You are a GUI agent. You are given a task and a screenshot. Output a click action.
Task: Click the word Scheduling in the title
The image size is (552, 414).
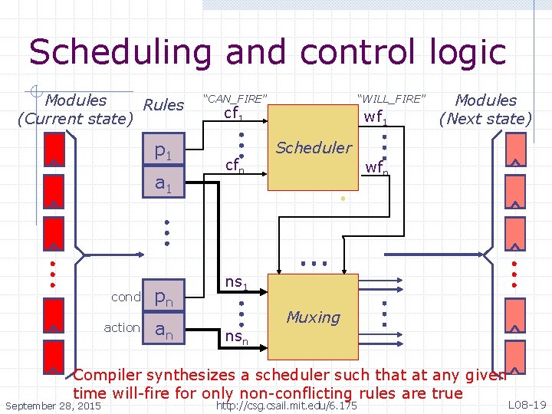(x=119, y=52)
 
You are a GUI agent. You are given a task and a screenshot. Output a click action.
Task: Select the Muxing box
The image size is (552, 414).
(x=314, y=317)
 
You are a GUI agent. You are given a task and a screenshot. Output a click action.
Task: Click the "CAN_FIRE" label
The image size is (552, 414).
(x=234, y=98)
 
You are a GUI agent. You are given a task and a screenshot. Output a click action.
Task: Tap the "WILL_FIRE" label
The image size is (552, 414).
(x=390, y=98)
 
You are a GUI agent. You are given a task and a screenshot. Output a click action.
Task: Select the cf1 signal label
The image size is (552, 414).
(x=233, y=114)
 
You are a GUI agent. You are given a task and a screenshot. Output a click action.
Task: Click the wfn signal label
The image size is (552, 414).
(x=376, y=166)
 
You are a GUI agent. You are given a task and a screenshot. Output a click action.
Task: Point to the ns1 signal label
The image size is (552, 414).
(x=235, y=284)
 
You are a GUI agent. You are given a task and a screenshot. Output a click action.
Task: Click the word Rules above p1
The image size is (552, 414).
(x=163, y=105)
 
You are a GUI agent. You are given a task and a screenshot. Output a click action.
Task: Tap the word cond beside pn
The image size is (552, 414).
(x=126, y=297)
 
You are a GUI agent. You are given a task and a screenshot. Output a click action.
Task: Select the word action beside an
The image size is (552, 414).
(x=122, y=328)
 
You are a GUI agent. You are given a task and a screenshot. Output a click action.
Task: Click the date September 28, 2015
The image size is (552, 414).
(x=53, y=405)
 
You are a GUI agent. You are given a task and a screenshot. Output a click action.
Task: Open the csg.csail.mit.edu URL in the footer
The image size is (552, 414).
(x=287, y=405)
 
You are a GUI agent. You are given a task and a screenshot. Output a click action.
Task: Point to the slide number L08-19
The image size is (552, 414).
(x=527, y=404)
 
